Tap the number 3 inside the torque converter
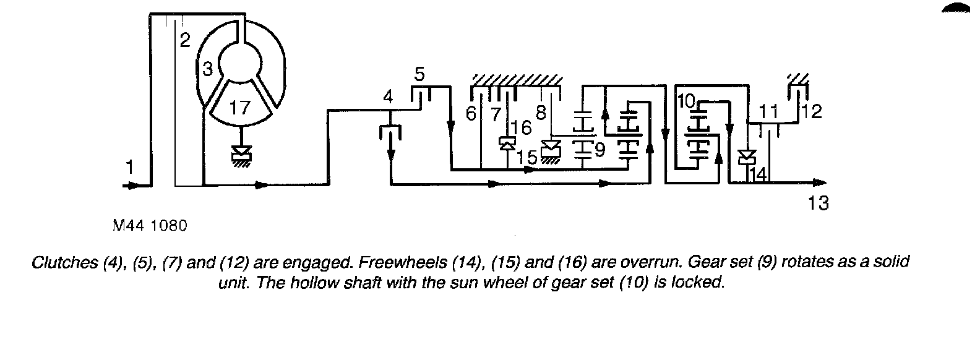[207, 67]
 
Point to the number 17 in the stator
[239, 108]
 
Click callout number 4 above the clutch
[388, 97]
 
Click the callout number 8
[541, 113]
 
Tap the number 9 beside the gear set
[599, 149]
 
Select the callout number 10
[686, 101]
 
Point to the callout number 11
[768, 112]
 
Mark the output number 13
[818, 202]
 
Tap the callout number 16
[522, 128]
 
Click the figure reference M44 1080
[150, 226]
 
